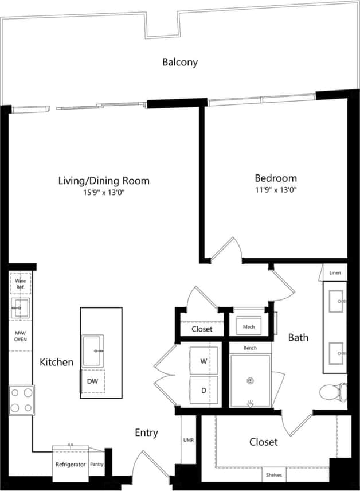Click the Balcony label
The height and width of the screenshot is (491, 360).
179,62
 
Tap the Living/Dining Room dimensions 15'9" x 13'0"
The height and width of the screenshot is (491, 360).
104,193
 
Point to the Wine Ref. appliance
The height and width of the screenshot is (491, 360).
21,283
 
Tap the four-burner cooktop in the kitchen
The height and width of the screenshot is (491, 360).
21,400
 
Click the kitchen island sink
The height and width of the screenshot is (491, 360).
92,350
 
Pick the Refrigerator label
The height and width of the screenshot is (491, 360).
71,465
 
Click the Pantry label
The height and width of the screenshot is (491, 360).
97,465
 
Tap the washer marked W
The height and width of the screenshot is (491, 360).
204,361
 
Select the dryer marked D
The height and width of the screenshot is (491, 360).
204,390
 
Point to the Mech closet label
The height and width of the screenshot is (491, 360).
249,327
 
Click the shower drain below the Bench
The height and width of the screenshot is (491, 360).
250,380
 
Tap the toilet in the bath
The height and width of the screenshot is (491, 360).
332,392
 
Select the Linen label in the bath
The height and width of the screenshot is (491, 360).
335,274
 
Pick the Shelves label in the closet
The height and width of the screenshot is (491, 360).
274,475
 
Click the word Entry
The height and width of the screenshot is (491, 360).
146,432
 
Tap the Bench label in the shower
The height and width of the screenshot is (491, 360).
250,348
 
